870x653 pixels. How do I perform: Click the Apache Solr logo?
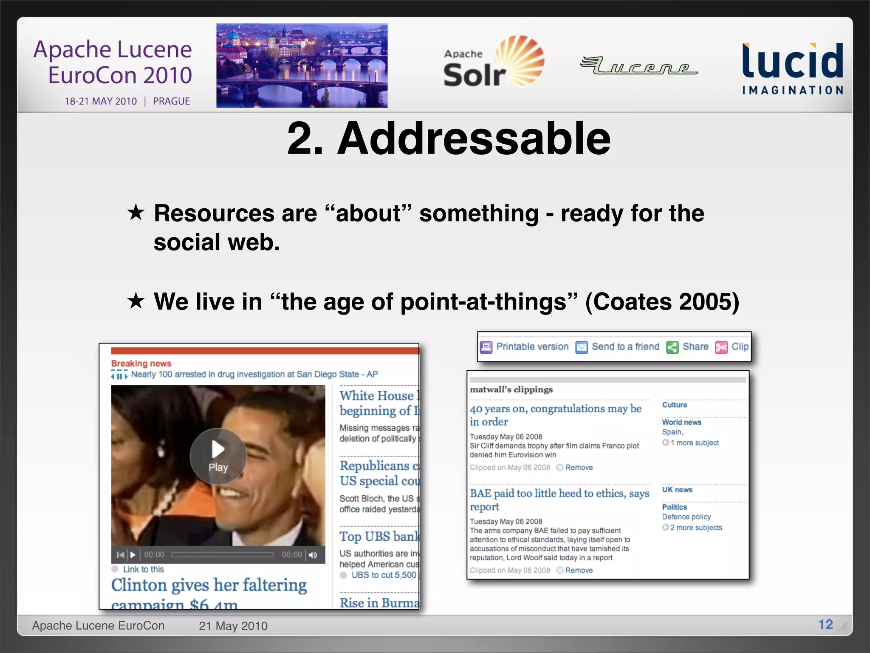tap(493, 62)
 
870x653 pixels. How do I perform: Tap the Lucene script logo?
tap(638, 66)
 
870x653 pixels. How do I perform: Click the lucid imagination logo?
tap(792, 68)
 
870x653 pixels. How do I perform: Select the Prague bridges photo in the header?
tap(302, 65)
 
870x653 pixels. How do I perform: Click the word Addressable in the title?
tap(474, 139)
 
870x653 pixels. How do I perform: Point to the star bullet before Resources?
tap(136, 212)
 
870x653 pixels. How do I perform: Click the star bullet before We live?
tap(136, 301)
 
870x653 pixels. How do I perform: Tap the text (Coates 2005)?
tap(662, 302)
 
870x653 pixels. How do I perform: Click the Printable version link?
tap(532, 347)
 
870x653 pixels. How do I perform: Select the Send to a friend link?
tap(625, 347)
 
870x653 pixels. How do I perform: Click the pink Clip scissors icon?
tap(721, 348)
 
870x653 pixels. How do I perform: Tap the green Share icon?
tap(672, 348)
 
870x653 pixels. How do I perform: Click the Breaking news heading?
tap(141, 363)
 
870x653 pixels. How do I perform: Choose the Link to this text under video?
tap(143, 569)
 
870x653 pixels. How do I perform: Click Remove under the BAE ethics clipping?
tap(579, 571)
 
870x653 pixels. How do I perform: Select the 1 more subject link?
tap(695, 443)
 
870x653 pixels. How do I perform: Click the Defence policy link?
tap(686, 517)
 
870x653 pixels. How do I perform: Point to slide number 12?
tap(825, 625)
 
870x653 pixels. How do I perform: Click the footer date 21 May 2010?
tap(233, 626)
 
